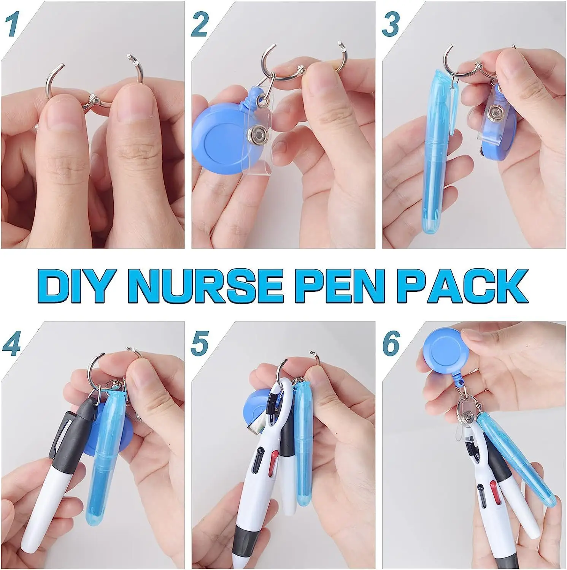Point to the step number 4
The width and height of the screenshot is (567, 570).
[11, 344]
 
